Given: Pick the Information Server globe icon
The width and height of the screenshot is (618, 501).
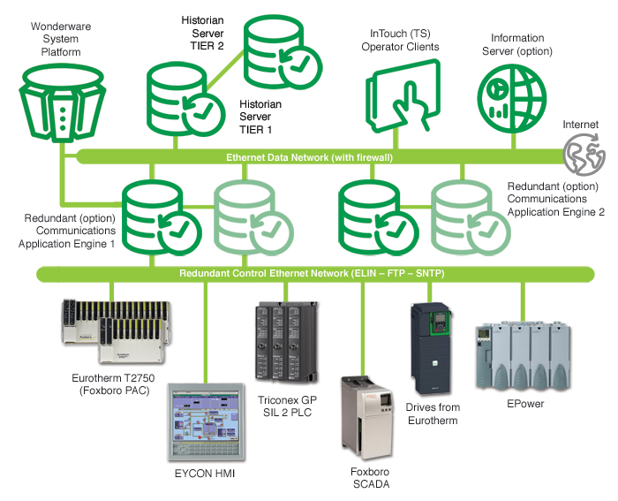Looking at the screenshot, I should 509,95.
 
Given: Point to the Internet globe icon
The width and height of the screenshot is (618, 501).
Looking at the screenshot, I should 584,156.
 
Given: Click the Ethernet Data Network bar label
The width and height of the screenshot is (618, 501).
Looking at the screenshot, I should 310,157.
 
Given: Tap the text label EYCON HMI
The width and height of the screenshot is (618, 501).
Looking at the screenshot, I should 205,474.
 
